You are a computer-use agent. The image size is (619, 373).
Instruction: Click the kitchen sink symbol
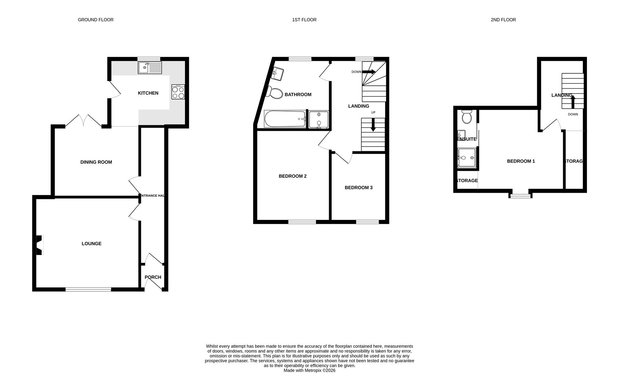[x=149, y=68]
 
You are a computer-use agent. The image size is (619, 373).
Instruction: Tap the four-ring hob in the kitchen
[x=178, y=92]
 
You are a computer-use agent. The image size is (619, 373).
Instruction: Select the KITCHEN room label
[x=148, y=93]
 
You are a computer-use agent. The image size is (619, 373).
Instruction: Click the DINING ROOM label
[x=96, y=162]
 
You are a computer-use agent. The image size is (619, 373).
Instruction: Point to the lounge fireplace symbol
[x=39, y=245]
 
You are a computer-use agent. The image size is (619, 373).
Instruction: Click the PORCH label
[x=153, y=277]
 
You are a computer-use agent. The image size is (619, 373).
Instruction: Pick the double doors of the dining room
[x=83, y=121]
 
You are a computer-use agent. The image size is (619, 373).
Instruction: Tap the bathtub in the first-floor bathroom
[x=285, y=119]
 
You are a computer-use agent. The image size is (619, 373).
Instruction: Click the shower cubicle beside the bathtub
[x=319, y=119]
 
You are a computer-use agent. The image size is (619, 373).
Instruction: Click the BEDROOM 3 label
[x=358, y=188]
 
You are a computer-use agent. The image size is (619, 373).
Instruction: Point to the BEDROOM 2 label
[x=292, y=176]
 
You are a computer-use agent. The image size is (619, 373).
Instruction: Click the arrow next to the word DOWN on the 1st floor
[x=369, y=72]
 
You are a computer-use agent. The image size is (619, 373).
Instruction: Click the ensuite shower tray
[x=467, y=158]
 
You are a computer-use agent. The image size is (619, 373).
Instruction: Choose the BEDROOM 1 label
[x=521, y=161]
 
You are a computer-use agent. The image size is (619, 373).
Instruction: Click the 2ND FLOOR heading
[x=503, y=20]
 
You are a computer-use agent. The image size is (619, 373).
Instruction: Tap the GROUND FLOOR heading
[x=96, y=20]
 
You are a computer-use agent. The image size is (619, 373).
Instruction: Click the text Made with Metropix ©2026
[x=309, y=370]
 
